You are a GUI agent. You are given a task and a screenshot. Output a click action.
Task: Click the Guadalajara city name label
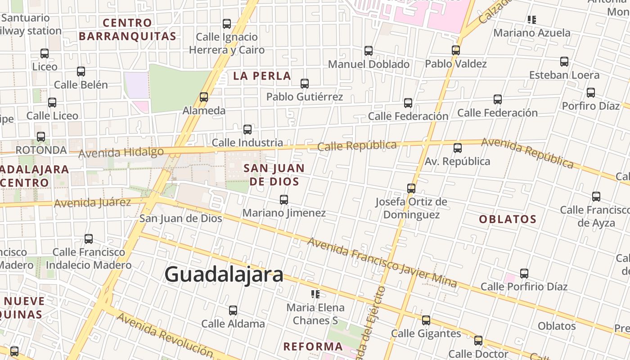point(224,274)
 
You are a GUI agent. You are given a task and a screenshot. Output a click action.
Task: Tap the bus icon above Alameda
point(204,97)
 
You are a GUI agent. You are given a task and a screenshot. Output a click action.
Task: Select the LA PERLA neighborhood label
point(262,76)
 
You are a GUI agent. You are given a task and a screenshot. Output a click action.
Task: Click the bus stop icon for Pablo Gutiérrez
point(305,83)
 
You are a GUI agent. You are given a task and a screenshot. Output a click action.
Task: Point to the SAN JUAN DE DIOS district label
point(274,175)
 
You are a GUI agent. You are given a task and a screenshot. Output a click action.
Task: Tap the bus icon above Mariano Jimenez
point(284,199)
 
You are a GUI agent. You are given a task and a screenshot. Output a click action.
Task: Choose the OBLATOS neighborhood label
point(508,219)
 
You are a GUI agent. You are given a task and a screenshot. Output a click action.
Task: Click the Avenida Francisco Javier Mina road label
point(382,262)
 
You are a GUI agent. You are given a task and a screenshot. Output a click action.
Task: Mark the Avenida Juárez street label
point(92,202)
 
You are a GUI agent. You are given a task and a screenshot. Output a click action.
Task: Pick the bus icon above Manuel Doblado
point(369,50)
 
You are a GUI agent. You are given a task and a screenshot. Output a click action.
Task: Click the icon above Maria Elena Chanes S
point(315,294)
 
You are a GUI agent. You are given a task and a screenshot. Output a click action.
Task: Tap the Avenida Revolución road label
point(165,334)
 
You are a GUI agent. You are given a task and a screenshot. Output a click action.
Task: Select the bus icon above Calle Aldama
point(233,310)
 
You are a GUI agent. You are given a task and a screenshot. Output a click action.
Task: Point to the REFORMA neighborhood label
point(313,346)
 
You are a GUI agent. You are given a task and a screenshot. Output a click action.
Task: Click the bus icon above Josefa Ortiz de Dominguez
point(411,188)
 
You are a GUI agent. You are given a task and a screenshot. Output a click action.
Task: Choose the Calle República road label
point(357,146)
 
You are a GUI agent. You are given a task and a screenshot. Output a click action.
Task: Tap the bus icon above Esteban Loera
point(564,61)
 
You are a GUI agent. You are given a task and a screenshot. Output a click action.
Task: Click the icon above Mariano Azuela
point(532,20)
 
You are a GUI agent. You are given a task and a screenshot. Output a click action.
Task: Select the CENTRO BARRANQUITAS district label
point(127,29)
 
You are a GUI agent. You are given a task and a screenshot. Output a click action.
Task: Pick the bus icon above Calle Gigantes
point(426,320)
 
